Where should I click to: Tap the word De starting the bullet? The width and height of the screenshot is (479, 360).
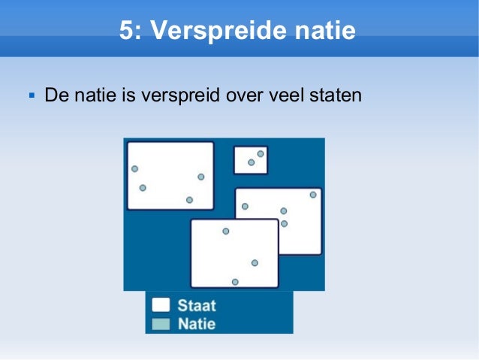coord(54,96)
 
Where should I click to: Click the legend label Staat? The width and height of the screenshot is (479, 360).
coord(197,306)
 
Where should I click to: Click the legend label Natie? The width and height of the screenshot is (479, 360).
coord(197,325)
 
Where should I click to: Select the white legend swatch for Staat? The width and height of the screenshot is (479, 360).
coord(161,306)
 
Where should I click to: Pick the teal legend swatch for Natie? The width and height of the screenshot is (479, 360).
coord(161,325)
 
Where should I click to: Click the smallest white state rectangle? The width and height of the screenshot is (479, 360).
coord(251,160)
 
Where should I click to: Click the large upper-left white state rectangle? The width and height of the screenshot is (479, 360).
coord(170,175)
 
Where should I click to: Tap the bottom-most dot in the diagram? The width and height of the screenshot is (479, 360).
coord(235,282)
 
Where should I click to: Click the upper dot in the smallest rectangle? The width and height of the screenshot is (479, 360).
coord(261,153)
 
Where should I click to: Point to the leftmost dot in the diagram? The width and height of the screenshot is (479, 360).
coord(134,168)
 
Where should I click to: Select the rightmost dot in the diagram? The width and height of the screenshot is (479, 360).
coord(313,195)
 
